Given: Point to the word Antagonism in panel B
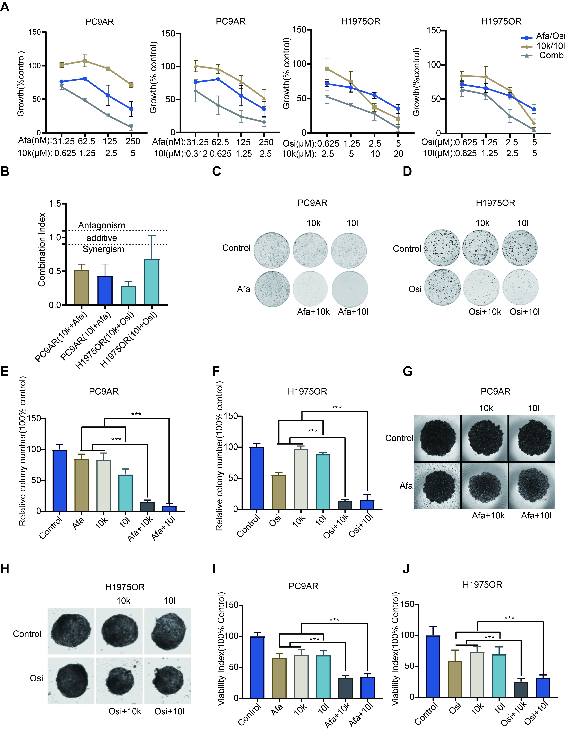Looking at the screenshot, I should (x=101, y=226).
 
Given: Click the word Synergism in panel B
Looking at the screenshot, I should (x=103, y=249).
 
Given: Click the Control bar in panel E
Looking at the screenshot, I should (x=60, y=480).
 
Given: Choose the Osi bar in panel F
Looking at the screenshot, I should (x=279, y=492).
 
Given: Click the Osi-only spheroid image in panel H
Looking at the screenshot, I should (x=71, y=680).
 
